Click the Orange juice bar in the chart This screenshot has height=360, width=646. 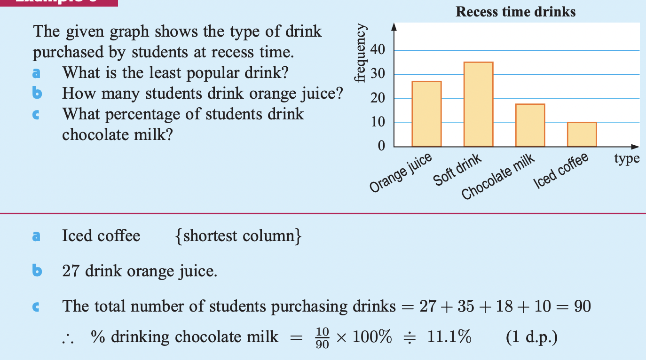tap(426, 114)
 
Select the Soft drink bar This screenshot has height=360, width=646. tap(478, 104)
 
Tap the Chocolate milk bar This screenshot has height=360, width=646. tap(530, 125)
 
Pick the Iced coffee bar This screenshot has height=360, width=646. tap(582, 134)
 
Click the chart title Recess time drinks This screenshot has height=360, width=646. tap(515, 12)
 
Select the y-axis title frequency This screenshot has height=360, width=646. tap(360, 53)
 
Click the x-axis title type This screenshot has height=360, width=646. tap(627, 159)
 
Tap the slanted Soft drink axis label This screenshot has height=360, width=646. tap(457, 170)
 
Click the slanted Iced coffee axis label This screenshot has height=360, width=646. tap(561, 171)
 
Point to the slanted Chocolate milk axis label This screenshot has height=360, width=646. tap(498, 177)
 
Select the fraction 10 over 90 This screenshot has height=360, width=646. tap(322, 337)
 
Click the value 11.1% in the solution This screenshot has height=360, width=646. tap(449, 337)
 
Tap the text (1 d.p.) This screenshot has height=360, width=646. tap(531, 337)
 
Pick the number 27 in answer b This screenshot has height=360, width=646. tap(71, 271)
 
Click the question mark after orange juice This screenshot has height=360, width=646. tap(338, 94)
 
